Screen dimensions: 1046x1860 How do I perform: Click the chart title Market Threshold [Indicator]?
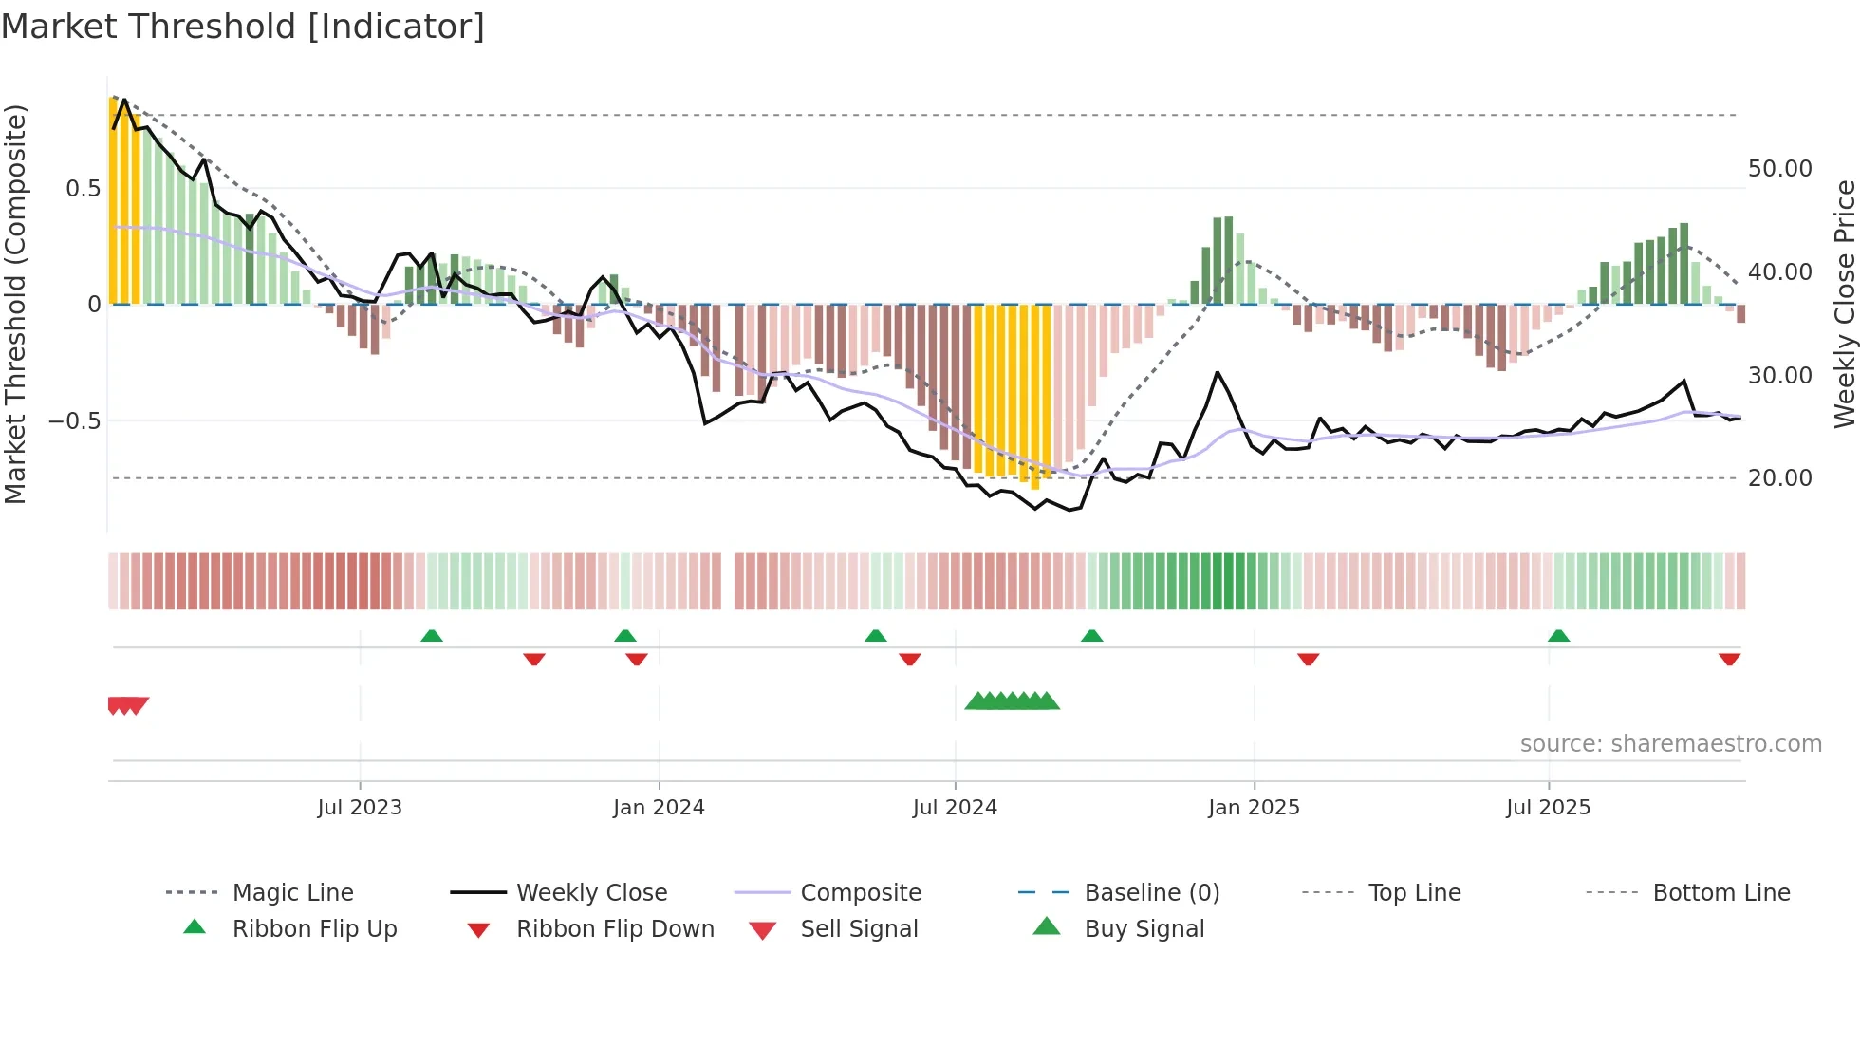243,27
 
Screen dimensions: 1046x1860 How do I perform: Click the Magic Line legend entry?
292,892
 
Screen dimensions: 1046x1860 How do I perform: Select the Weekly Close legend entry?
591,892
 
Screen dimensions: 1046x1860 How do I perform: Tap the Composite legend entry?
860,892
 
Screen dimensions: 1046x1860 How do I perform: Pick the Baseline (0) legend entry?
1151,892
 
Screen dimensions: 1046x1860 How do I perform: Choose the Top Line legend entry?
1414,892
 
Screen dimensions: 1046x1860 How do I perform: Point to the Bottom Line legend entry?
1720,892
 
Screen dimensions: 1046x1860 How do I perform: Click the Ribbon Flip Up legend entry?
314,928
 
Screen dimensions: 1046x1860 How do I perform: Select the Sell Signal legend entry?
858,928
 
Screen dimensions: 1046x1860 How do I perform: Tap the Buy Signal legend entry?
1144,928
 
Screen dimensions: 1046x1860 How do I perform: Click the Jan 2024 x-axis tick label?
659,808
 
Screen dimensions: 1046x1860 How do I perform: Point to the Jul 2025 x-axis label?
1548,808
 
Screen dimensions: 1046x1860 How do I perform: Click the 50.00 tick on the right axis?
1779,169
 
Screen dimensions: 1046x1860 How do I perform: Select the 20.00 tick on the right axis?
1779,478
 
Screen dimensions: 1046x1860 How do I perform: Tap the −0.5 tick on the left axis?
75,420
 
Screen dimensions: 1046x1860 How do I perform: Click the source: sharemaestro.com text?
1670,744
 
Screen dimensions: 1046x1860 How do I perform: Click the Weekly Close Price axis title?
1844,304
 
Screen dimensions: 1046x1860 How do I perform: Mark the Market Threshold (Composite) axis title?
15,304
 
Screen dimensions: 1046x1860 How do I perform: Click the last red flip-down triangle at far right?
1729,659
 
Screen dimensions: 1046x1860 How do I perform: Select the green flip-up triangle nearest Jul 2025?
1558,636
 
